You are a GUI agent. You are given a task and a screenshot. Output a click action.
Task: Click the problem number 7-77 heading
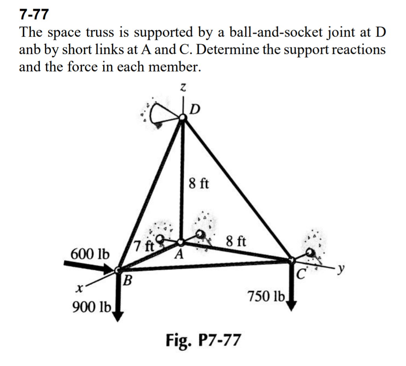(x=34, y=15)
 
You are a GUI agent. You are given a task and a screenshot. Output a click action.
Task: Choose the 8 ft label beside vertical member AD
(x=199, y=183)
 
